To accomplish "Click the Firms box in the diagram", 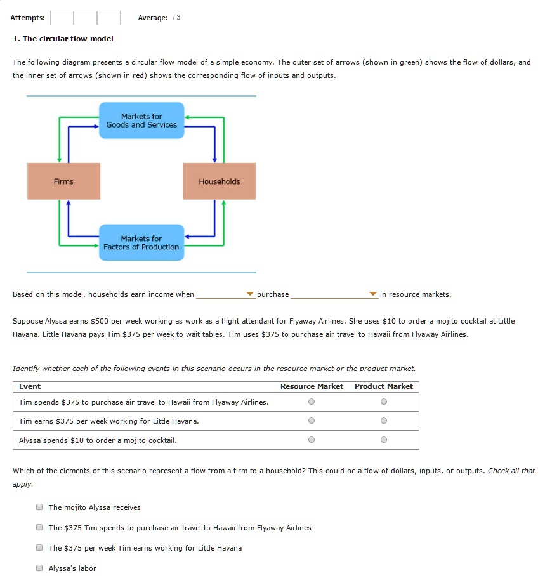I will point(63,181).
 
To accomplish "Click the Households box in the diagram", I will point(219,181).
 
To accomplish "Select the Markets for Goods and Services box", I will point(141,121).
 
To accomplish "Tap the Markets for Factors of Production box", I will point(141,242).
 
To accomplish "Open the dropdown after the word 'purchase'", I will point(334,294).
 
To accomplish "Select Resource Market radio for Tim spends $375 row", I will point(311,402).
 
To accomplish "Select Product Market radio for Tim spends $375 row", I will point(383,402).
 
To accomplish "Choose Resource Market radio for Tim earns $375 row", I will point(311,421).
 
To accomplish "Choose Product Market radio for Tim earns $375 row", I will point(383,421).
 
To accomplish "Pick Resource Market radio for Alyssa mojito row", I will point(311,440).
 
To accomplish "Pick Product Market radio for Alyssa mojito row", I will point(383,440).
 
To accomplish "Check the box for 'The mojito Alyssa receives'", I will point(39,507).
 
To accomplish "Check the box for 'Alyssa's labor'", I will point(39,568).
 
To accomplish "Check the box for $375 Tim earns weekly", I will point(39,548).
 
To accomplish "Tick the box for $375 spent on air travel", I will point(39,528).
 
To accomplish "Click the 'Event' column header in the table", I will point(30,386).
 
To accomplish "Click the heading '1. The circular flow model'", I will point(63,39).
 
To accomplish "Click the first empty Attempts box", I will point(62,18).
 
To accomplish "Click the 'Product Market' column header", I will point(383,386).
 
